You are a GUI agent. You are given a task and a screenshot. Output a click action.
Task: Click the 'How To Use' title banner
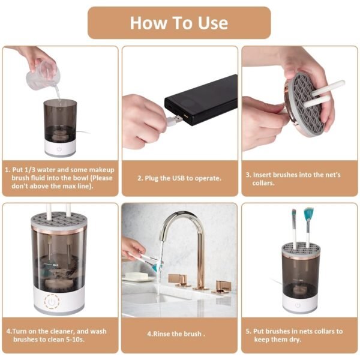click(179, 23)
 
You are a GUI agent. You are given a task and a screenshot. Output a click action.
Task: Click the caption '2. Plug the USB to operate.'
click(179, 179)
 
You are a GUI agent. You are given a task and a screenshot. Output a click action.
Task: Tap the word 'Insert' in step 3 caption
click(265, 175)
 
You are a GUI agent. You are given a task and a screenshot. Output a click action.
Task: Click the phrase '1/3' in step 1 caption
click(33, 170)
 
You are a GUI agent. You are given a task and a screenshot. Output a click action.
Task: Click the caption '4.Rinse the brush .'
click(179, 334)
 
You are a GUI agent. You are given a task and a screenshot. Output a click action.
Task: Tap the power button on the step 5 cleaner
click(298, 305)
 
